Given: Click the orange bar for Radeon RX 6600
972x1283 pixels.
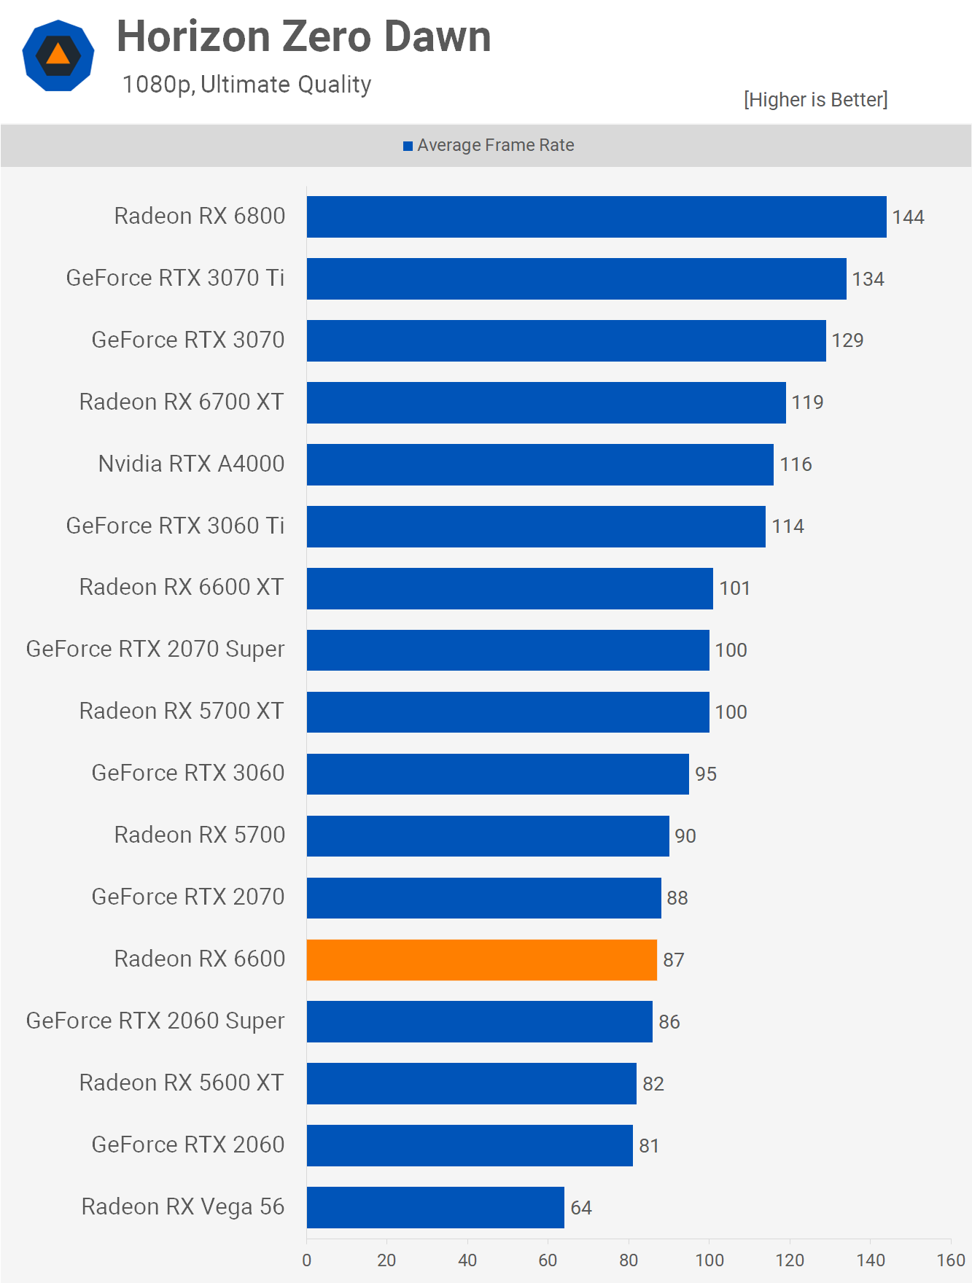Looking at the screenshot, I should point(481,960).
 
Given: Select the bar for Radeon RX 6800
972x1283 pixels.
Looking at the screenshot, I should point(596,217).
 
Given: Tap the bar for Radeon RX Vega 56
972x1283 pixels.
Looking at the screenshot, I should point(435,1207).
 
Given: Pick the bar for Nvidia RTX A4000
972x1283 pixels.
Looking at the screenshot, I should point(540,464).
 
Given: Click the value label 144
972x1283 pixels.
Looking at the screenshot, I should point(908,217).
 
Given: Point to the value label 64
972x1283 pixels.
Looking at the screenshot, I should point(581,1208).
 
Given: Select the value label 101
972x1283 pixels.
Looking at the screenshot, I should point(734,588).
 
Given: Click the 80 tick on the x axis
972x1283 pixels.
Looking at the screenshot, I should point(629,1260).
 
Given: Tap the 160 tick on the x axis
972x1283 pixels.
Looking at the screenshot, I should point(951,1260).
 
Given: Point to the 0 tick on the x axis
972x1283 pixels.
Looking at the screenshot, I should point(307,1260).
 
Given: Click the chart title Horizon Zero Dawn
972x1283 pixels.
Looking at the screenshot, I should point(303,36).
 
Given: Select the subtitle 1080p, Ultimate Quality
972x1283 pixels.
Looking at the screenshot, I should point(246,85).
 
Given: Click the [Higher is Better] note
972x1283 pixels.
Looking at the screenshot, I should point(815,100).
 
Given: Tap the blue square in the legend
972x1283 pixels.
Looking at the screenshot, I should point(408,147).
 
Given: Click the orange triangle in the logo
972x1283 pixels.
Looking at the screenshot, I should point(58,55).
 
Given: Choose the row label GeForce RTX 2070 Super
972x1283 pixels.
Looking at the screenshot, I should point(155,650).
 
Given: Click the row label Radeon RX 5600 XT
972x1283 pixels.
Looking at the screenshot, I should point(182,1083).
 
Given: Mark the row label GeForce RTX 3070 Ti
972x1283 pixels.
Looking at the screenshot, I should point(175,278).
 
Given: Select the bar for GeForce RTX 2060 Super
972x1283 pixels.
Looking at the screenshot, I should point(479,1021).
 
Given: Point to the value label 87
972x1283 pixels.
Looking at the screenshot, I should point(673,960).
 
